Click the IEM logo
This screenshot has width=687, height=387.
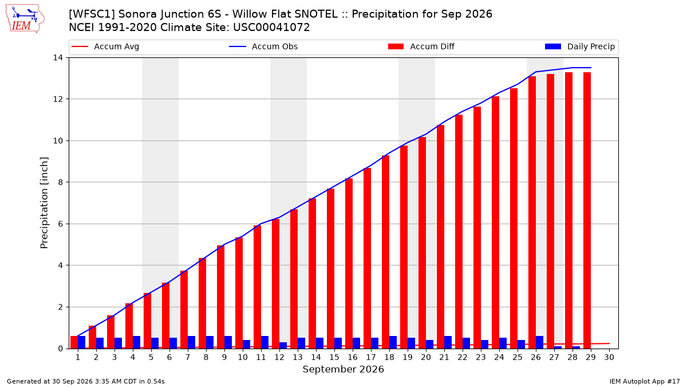tap(25, 19)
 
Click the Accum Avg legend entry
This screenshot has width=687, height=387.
tap(105, 46)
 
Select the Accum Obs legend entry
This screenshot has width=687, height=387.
tap(263, 46)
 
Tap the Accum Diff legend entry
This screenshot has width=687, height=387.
tap(421, 46)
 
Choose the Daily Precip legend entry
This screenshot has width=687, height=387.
tap(580, 46)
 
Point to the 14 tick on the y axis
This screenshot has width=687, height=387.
tap(58, 58)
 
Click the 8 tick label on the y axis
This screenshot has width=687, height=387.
tap(60, 182)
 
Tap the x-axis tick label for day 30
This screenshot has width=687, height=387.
tap(609, 358)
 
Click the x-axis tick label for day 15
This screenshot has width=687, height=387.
tap(334, 358)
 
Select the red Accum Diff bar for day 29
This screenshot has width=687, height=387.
tap(587, 210)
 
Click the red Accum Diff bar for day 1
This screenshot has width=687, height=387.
tap(74, 342)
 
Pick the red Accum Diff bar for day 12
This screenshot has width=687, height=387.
tap(275, 284)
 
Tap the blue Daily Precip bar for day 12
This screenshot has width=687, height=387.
tap(283, 346)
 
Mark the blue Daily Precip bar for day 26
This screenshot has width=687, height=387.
tap(539, 342)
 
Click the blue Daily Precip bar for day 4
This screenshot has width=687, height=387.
tap(136, 342)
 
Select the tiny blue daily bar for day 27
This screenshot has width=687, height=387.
tap(558, 347)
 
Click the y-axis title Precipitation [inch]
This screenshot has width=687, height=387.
tap(44, 203)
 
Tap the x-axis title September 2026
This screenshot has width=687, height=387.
tap(343, 369)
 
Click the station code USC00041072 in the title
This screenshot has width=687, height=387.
tap(271, 28)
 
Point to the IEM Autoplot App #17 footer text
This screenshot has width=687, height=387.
tap(645, 381)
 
